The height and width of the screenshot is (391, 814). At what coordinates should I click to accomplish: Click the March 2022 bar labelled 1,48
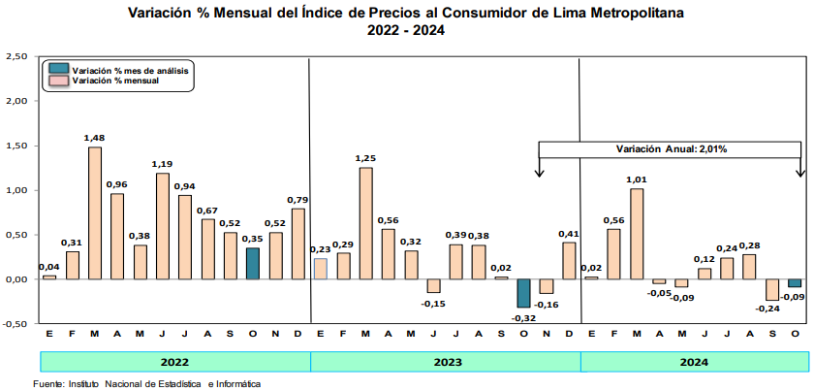tap(95, 212)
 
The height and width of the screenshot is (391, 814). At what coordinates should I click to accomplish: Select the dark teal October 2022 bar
tap(252, 263)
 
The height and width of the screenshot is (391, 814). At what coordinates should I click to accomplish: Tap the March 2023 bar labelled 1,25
tap(365, 223)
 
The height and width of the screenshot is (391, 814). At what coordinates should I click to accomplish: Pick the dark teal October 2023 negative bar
tap(523, 293)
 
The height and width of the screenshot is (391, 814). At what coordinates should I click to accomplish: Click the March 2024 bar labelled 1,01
tap(637, 234)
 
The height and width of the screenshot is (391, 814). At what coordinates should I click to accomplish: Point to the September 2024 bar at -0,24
tap(772, 289)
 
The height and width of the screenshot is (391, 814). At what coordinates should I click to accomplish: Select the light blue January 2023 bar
tap(321, 269)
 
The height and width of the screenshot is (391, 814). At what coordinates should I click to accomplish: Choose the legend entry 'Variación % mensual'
tap(116, 81)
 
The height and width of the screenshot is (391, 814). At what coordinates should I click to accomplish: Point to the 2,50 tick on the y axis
tap(16, 57)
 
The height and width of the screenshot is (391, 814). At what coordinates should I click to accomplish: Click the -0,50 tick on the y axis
tap(16, 324)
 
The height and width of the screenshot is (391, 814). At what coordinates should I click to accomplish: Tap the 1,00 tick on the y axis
tap(16, 190)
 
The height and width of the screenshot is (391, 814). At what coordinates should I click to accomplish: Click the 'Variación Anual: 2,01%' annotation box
tap(671, 149)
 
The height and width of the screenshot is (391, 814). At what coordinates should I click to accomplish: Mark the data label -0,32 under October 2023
tap(523, 317)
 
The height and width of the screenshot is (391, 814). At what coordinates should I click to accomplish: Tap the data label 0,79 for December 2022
tap(297, 199)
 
